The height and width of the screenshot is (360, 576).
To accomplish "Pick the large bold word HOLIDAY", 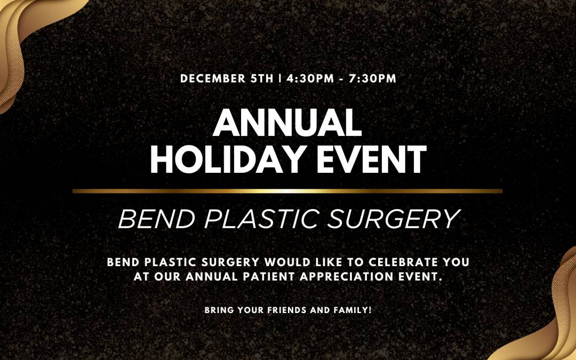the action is (226, 159).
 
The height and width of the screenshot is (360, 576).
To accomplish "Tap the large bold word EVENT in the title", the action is (369, 159).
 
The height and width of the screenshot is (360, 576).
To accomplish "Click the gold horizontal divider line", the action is (287, 191).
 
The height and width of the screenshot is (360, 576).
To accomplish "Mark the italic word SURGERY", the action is (394, 219).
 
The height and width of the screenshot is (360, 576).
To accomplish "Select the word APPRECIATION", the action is (347, 277).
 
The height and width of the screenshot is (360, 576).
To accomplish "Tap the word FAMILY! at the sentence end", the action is (353, 310).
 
